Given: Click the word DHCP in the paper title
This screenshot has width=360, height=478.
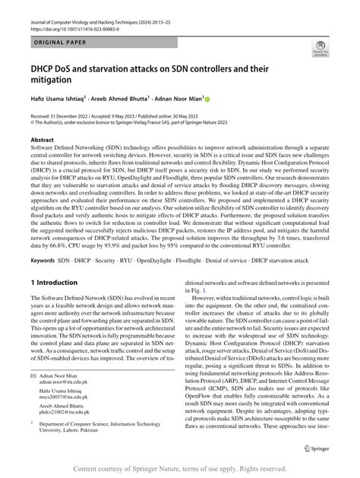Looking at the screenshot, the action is [x=47, y=68].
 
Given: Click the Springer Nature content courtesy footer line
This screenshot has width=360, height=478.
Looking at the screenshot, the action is [x=180, y=468].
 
